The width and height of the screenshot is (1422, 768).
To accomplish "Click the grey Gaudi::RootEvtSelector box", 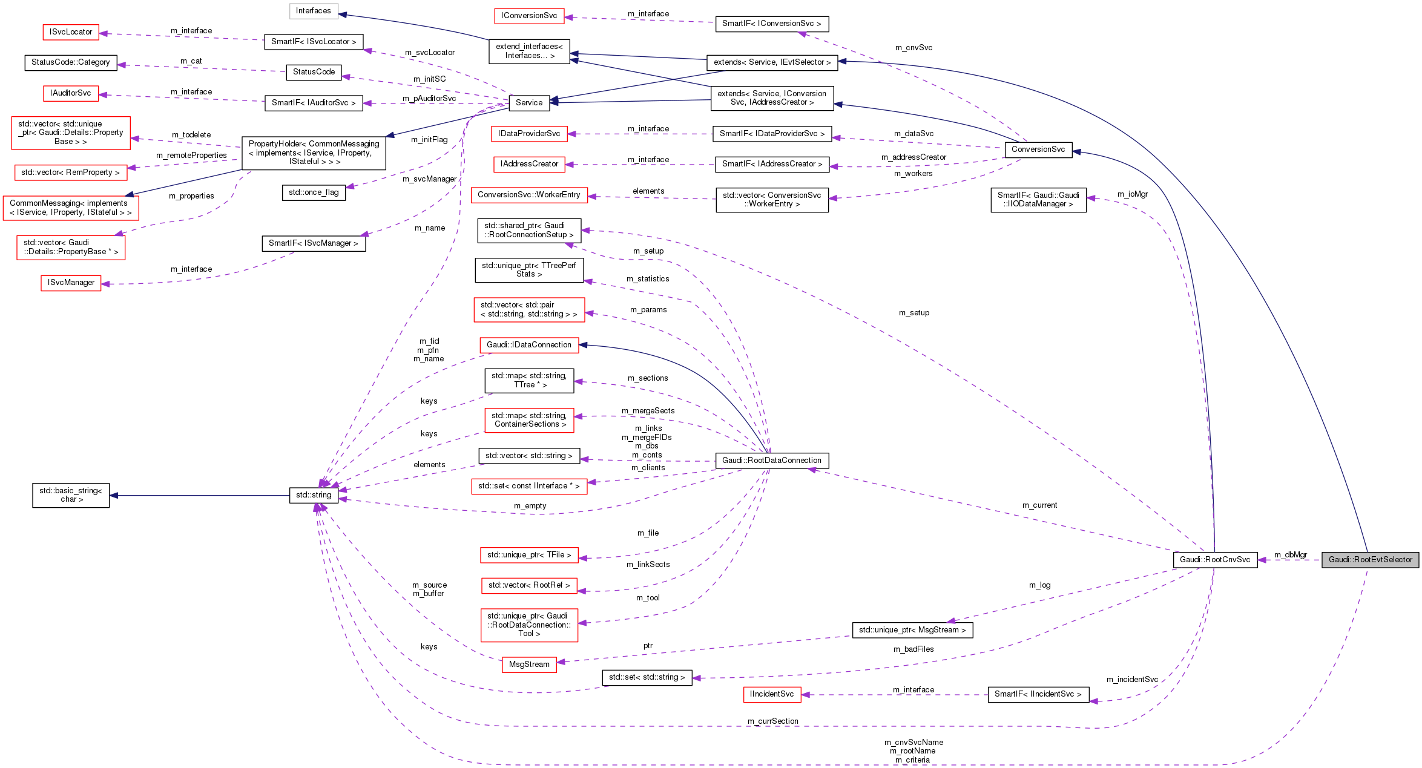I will (x=1370, y=560).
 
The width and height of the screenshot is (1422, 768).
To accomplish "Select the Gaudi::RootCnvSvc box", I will (x=1214, y=560).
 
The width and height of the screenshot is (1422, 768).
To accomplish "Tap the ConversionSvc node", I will (x=1038, y=149).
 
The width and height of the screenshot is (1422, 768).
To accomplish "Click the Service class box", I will (x=528, y=103).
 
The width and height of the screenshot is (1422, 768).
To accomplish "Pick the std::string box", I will (x=313, y=495).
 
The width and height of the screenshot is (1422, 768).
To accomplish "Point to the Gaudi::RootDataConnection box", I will (x=771, y=461).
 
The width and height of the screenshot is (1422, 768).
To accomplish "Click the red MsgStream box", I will (x=528, y=665).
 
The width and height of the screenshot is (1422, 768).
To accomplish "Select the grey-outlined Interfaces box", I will (x=313, y=11).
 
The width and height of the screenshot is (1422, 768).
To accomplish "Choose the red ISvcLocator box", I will (x=71, y=32).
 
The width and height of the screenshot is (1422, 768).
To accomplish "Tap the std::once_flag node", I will (x=313, y=192).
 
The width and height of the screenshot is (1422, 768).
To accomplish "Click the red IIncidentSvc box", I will (x=771, y=694).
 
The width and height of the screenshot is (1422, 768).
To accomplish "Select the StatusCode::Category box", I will (x=70, y=62).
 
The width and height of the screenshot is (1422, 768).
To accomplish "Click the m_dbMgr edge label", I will (x=1290, y=555).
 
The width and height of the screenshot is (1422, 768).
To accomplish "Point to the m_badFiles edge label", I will (x=913, y=649).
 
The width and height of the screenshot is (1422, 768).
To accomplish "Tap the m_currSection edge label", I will (x=772, y=721).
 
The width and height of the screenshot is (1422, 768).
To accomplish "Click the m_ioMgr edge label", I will (x=1132, y=194).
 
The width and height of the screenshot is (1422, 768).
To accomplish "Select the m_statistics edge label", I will (x=647, y=279).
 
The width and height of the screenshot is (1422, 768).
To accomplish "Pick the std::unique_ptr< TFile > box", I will (x=528, y=555).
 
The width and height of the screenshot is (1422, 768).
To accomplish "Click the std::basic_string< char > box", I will (x=71, y=495).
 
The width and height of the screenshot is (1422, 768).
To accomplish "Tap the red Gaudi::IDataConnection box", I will (x=528, y=345).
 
